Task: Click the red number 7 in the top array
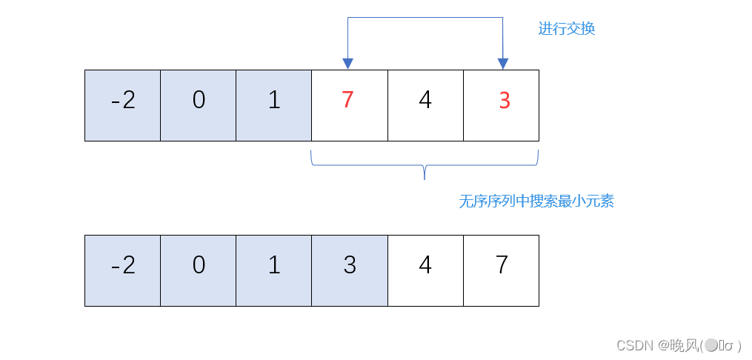point(348,100)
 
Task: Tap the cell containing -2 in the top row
point(123,105)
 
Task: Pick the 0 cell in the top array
point(199,105)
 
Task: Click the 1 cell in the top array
point(274,105)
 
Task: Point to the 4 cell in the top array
point(425,105)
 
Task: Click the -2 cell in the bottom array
point(123,270)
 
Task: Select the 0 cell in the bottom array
point(199,270)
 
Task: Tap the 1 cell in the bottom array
point(274,270)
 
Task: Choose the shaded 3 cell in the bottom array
point(350,270)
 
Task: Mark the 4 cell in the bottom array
point(425,270)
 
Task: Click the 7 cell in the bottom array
point(502,270)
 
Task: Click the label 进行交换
point(566,30)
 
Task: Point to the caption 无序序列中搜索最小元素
point(536,201)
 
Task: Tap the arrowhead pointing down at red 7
point(347,64)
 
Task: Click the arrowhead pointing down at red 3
point(503,64)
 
